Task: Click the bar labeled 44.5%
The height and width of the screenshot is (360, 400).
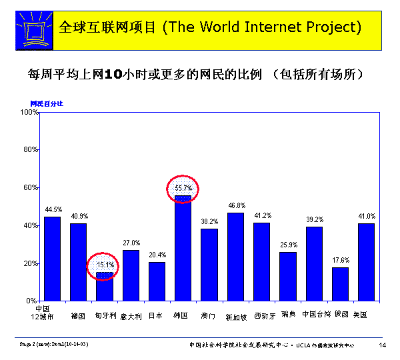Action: click(52, 259)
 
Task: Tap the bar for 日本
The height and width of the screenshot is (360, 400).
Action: click(157, 281)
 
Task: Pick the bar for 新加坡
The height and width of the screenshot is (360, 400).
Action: click(235, 257)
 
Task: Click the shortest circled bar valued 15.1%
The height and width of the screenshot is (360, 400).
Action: click(105, 287)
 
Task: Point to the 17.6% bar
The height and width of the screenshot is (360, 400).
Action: click(340, 284)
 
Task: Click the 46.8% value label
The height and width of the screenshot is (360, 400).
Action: click(236, 206)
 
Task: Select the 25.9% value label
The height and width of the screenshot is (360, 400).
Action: click(288, 245)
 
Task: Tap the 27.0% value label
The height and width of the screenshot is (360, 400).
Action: click(131, 243)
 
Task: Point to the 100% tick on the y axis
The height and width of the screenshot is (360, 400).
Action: click(30, 112)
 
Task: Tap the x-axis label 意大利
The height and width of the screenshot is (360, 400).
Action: click(131, 316)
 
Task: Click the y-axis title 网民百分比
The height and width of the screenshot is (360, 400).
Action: click(47, 103)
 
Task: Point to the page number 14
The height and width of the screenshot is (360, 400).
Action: click(382, 345)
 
